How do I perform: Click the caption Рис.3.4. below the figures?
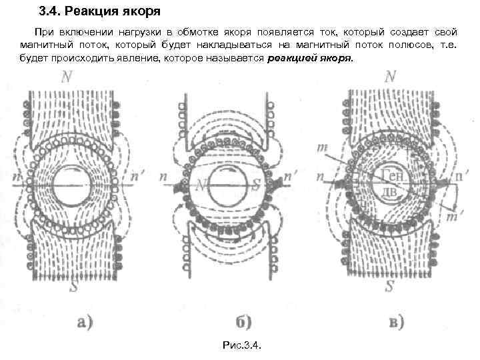241,345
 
